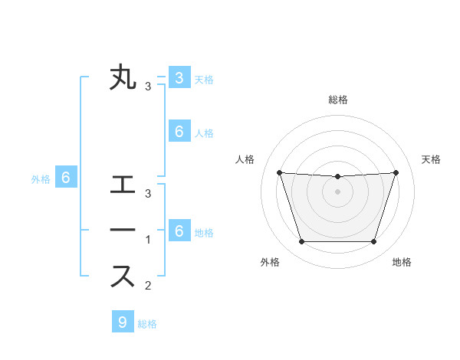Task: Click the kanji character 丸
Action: [123, 79]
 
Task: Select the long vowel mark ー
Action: [123, 231]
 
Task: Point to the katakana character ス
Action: [123, 276]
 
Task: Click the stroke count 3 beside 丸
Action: [148, 86]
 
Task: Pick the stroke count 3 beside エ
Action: [148, 193]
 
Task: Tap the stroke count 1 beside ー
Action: [148, 239]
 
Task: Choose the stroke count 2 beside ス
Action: [148, 286]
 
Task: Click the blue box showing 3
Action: [179, 78]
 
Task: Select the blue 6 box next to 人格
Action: [179, 132]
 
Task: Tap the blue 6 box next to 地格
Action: [179, 231]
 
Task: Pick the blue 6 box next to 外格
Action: [66, 178]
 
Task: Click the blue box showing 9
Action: [122, 322]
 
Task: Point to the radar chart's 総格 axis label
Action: [337, 100]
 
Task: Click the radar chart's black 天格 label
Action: [431, 159]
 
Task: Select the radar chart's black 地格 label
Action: [402, 263]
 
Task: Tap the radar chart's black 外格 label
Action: [270, 263]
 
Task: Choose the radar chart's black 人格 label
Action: [245, 159]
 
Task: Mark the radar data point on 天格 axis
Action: [396, 172]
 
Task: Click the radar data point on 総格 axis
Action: [337, 177]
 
